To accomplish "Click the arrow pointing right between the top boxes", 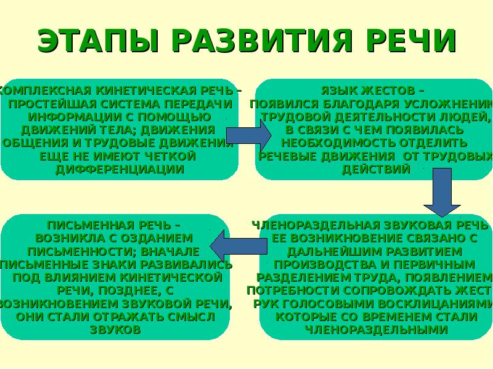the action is (248, 135).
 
